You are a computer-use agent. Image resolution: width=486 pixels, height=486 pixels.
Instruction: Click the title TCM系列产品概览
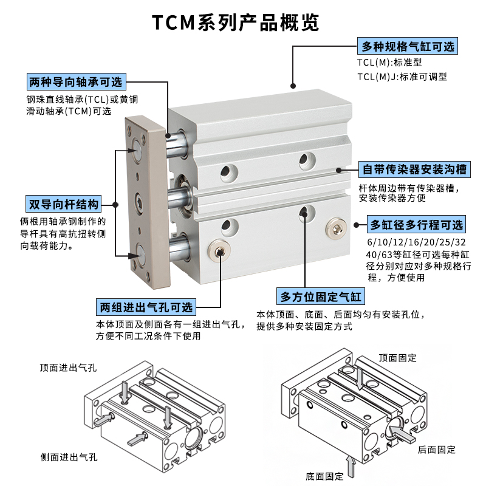click(x=235, y=22)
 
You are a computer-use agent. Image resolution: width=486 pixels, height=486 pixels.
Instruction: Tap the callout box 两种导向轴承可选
click(x=75, y=83)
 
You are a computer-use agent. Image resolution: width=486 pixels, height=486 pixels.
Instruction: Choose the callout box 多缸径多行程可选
click(x=416, y=225)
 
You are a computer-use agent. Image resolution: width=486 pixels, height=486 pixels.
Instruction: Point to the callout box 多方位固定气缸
click(x=321, y=297)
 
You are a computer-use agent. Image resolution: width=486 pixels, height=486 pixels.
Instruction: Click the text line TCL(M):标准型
click(x=389, y=62)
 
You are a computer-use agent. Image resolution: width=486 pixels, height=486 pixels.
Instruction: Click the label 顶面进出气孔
click(x=68, y=368)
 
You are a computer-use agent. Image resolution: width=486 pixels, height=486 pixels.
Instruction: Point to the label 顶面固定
click(x=398, y=358)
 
